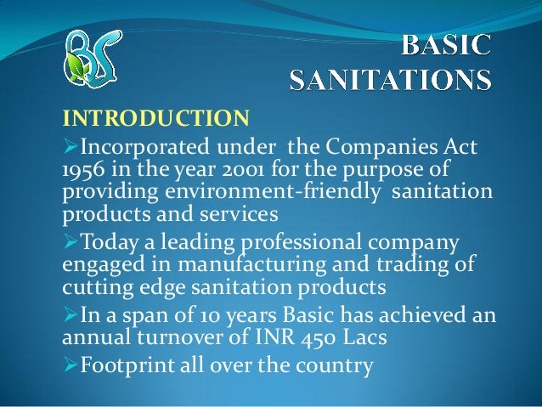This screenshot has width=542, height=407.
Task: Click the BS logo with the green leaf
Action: (93, 58)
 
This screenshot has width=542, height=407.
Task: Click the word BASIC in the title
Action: (446, 45)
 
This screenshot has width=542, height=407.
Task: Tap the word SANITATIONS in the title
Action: (390, 80)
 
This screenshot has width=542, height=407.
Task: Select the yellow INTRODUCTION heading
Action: (156, 118)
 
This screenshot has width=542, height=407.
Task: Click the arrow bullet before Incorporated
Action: (71, 146)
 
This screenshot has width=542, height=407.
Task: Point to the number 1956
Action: (83, 169)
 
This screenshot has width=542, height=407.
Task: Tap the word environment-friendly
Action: (272, 191)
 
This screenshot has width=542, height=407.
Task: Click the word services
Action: (239, 214)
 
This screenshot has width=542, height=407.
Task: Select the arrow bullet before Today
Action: (71, 241)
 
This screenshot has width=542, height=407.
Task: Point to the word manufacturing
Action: (252, 265)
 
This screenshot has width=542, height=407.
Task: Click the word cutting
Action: (98, 288)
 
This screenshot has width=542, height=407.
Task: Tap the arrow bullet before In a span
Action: (71, 315)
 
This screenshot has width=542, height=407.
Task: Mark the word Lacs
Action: (364, 337)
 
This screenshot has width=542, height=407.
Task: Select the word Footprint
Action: (127, 365)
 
